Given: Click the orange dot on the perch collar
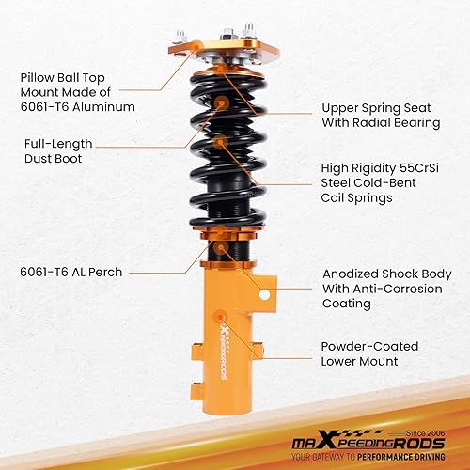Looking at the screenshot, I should tap(219, 249).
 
